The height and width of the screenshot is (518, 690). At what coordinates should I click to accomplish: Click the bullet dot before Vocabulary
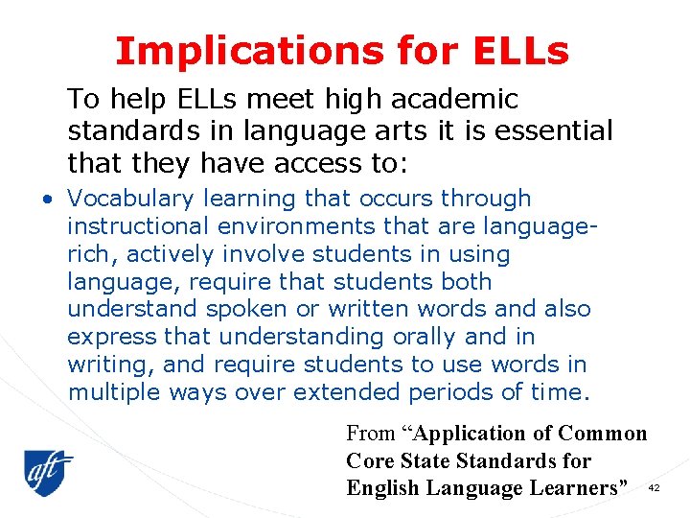pyautogui.click(x=47, y=200)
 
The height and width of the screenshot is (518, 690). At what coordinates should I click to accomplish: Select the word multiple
pyautogui.click(x=116, y=392)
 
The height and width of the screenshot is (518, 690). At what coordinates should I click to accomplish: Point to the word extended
pyautogui.click(x=347, y=392)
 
